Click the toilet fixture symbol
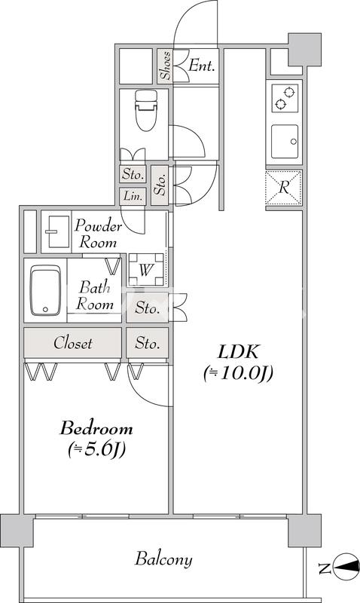click(146, 109)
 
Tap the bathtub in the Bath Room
click(46, 290)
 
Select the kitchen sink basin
click(285, 142)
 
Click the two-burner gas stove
click(285, 99)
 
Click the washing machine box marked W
click(146, 270)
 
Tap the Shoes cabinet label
click(166, 66)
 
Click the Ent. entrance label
click(201, 66)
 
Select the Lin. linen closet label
click(133, 196)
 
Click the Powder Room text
click(98, 234)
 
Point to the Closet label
click(73, 343)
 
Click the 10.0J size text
click(238, 372)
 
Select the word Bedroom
click(96, 428)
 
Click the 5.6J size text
click(97, 449)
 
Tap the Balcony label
click(163, 559)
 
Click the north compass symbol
click(346, 567)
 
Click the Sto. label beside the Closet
click(147, 343)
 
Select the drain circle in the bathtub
click(46, 309)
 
